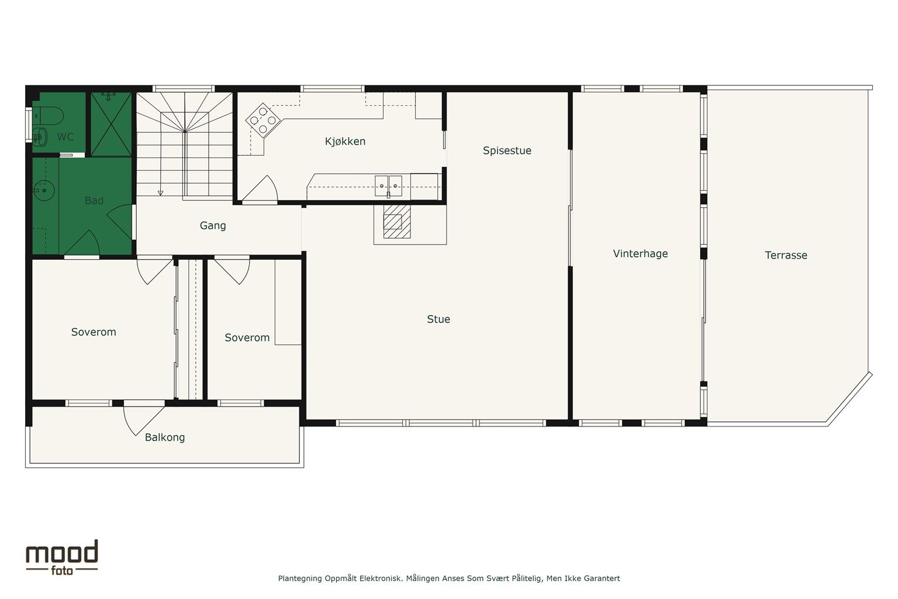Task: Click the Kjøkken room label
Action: point(345,142)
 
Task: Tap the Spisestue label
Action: point(507,151)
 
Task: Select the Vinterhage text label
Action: point(640,254)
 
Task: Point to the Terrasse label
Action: point(786,256)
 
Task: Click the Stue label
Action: point(438,319)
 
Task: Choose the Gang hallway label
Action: point(213,226)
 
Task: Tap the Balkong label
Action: point(165,438)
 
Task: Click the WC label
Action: point(65,137)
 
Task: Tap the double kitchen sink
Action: point(388,186)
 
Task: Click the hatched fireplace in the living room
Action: point(396,222)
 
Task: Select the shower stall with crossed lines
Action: point(110,124)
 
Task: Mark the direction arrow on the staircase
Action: point(160,192)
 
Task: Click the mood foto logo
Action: point(61,557)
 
